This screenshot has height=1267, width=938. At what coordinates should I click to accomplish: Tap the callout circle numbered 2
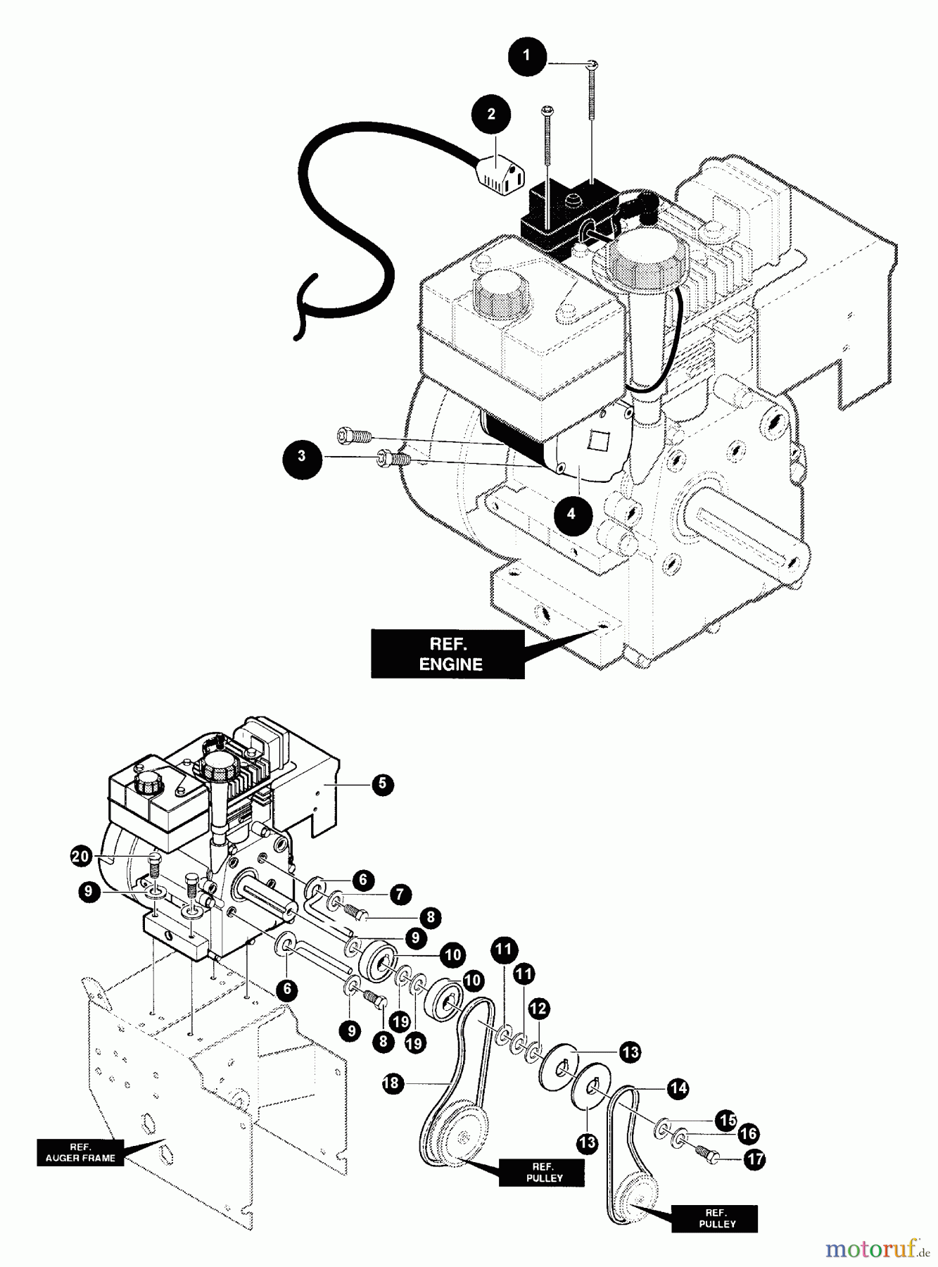coord(491,114)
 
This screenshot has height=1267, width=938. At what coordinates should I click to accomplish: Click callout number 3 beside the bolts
coord(302,456)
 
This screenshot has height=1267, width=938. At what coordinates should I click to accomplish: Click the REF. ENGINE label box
coord(448,654)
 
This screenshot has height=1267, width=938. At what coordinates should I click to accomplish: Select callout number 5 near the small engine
coord(382,784)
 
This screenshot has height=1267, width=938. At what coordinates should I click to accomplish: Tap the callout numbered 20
coord(82,857)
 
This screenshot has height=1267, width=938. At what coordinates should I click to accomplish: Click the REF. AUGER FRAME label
coord(80,1152)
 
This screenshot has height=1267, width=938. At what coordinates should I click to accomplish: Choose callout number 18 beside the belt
coord(392,1083)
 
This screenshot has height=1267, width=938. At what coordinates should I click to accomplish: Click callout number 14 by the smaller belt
coord(678,1088)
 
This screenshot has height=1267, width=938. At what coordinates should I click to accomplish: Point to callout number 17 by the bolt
coord(754,1159)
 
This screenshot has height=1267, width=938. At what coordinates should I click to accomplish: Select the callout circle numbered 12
coord(538,1009)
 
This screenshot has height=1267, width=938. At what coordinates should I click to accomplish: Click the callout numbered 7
coord(400,895)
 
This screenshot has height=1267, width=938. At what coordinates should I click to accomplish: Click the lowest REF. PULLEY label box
coord(715,1218)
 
